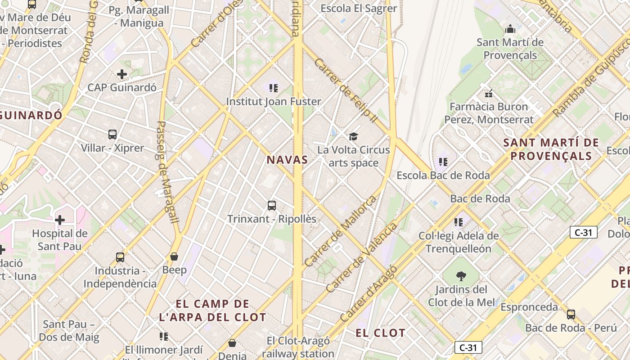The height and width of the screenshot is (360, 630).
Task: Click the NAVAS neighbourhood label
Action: tap(287, 160)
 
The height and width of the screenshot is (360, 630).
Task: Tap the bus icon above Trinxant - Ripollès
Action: tap(271, 206)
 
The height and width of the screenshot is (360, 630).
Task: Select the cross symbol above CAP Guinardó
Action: tap(121, 74)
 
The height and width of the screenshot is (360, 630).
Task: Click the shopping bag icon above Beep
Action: tap(174, 256)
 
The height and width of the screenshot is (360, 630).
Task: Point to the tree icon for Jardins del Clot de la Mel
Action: tap(461, 276)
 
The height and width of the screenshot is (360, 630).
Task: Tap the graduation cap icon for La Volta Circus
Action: tap(354, 136)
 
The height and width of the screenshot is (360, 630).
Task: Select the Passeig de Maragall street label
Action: tap(167, 172)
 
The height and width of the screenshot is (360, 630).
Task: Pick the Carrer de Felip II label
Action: tap(345, 91)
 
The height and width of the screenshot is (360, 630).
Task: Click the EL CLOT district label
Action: tap(380, 333)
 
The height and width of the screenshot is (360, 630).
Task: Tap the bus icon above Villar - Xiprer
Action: tap(112, 134)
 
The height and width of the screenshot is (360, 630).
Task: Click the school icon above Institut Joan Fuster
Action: tap(273, 88)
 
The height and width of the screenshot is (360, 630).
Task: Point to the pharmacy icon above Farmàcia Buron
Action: tap(489, 94)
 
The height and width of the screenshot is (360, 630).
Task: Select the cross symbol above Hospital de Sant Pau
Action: tap(59, 220)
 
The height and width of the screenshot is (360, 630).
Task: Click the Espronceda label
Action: tap(529, 307)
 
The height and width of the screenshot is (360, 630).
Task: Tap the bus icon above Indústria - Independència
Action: tap(120, 257)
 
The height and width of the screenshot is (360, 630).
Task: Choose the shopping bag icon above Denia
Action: tap(232, 343)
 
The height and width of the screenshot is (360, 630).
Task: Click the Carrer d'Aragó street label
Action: tap(369, 293)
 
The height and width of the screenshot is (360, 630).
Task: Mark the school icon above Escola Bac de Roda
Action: tap(443, 162)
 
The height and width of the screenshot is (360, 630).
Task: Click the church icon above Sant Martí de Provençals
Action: tap(510, 29)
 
